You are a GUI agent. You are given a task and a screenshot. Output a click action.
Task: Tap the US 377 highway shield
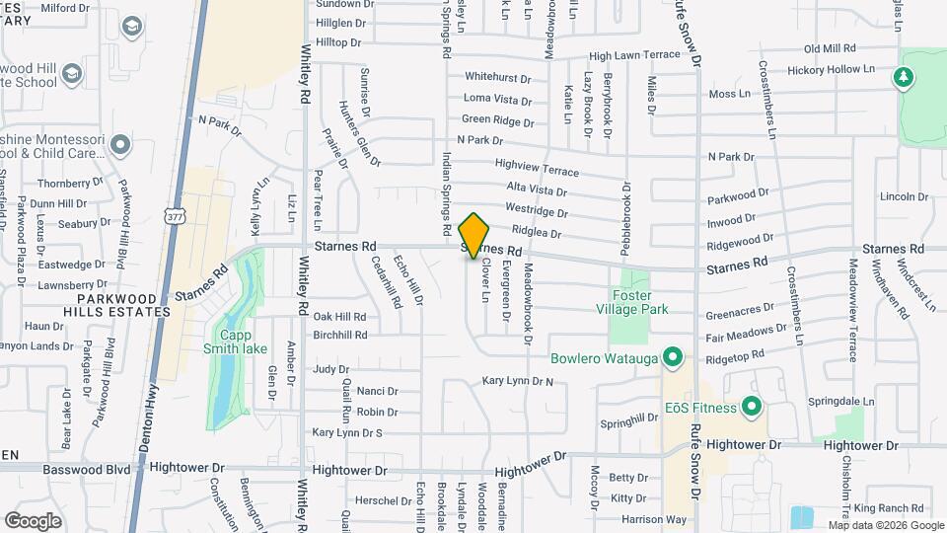[x=173, y=215]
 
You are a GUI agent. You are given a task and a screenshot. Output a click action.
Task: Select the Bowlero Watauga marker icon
[x=674, y=356]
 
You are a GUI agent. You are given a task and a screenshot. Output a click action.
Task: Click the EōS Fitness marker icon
[x=752, y=407]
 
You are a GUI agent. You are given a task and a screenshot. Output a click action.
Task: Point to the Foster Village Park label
[x=639, y=301]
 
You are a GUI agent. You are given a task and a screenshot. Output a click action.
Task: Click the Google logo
[x=32, y=520]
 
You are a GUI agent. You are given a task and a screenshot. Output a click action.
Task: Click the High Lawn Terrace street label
[x=634, y=55]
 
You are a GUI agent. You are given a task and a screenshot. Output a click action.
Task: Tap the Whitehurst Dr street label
[x=497, y=77]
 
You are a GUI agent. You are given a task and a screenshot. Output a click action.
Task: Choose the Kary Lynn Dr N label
[x=518, y=380]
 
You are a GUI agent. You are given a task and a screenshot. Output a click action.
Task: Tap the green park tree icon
[x=903, y=77]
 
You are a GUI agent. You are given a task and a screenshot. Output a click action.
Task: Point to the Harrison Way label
[x=653, y=519]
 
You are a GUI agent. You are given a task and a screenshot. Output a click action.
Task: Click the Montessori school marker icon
[x=120, y=146]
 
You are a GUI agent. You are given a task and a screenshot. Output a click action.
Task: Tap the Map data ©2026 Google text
[x=885, y=525]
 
